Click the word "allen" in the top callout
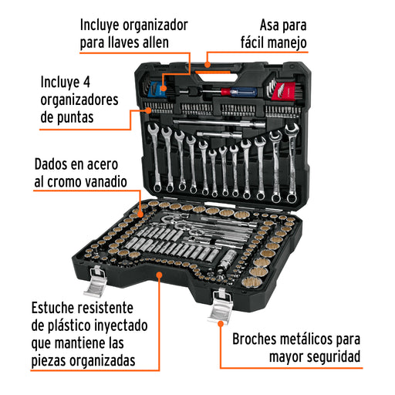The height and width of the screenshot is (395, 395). (156, 42)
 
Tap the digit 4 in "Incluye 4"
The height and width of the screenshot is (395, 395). (86, 83)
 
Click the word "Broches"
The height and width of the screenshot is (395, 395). (254, 339)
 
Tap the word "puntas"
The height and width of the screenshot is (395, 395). (75, 118)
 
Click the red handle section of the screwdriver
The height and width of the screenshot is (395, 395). (226, 91)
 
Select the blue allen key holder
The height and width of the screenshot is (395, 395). (156, 89)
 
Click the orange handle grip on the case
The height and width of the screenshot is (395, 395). (212, 73)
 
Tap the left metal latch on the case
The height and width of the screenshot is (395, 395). (96, 282)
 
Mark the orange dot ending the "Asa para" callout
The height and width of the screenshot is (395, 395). (208, 64)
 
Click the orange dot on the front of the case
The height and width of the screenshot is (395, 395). (160, 275)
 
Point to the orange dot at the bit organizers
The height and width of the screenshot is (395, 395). (148, 110)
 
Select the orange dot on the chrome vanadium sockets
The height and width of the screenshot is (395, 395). (140, 214)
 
